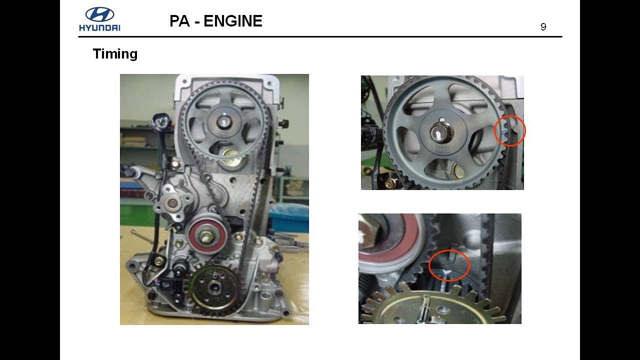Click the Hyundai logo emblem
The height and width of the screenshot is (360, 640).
tap(99, 14)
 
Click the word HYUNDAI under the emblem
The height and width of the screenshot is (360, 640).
tap(99, 27)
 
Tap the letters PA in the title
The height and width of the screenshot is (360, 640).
tap(179, 21)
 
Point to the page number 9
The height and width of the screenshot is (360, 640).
tap(543, 27)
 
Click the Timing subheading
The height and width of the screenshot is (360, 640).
tap(115, 54)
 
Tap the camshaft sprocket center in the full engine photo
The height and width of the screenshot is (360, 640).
tap(224, 121)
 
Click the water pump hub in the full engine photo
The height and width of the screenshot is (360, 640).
tap(174, 203)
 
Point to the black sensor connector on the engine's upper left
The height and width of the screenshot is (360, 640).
tap(158, 121)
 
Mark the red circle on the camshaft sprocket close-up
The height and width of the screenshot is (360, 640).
tap(509, 130)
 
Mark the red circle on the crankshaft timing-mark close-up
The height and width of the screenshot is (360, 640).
tap(449, 265)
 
